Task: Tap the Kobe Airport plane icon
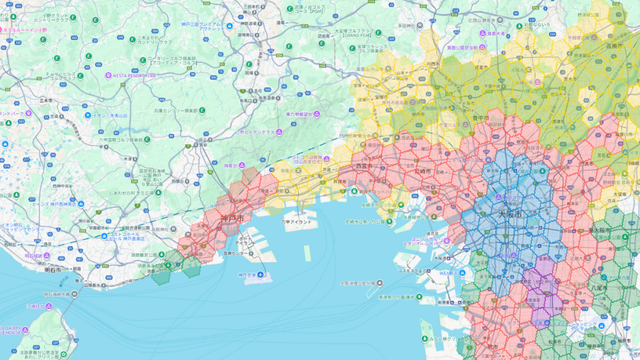click(261, 274)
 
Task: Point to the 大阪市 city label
click(509, 214)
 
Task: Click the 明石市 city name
click(52, 270)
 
